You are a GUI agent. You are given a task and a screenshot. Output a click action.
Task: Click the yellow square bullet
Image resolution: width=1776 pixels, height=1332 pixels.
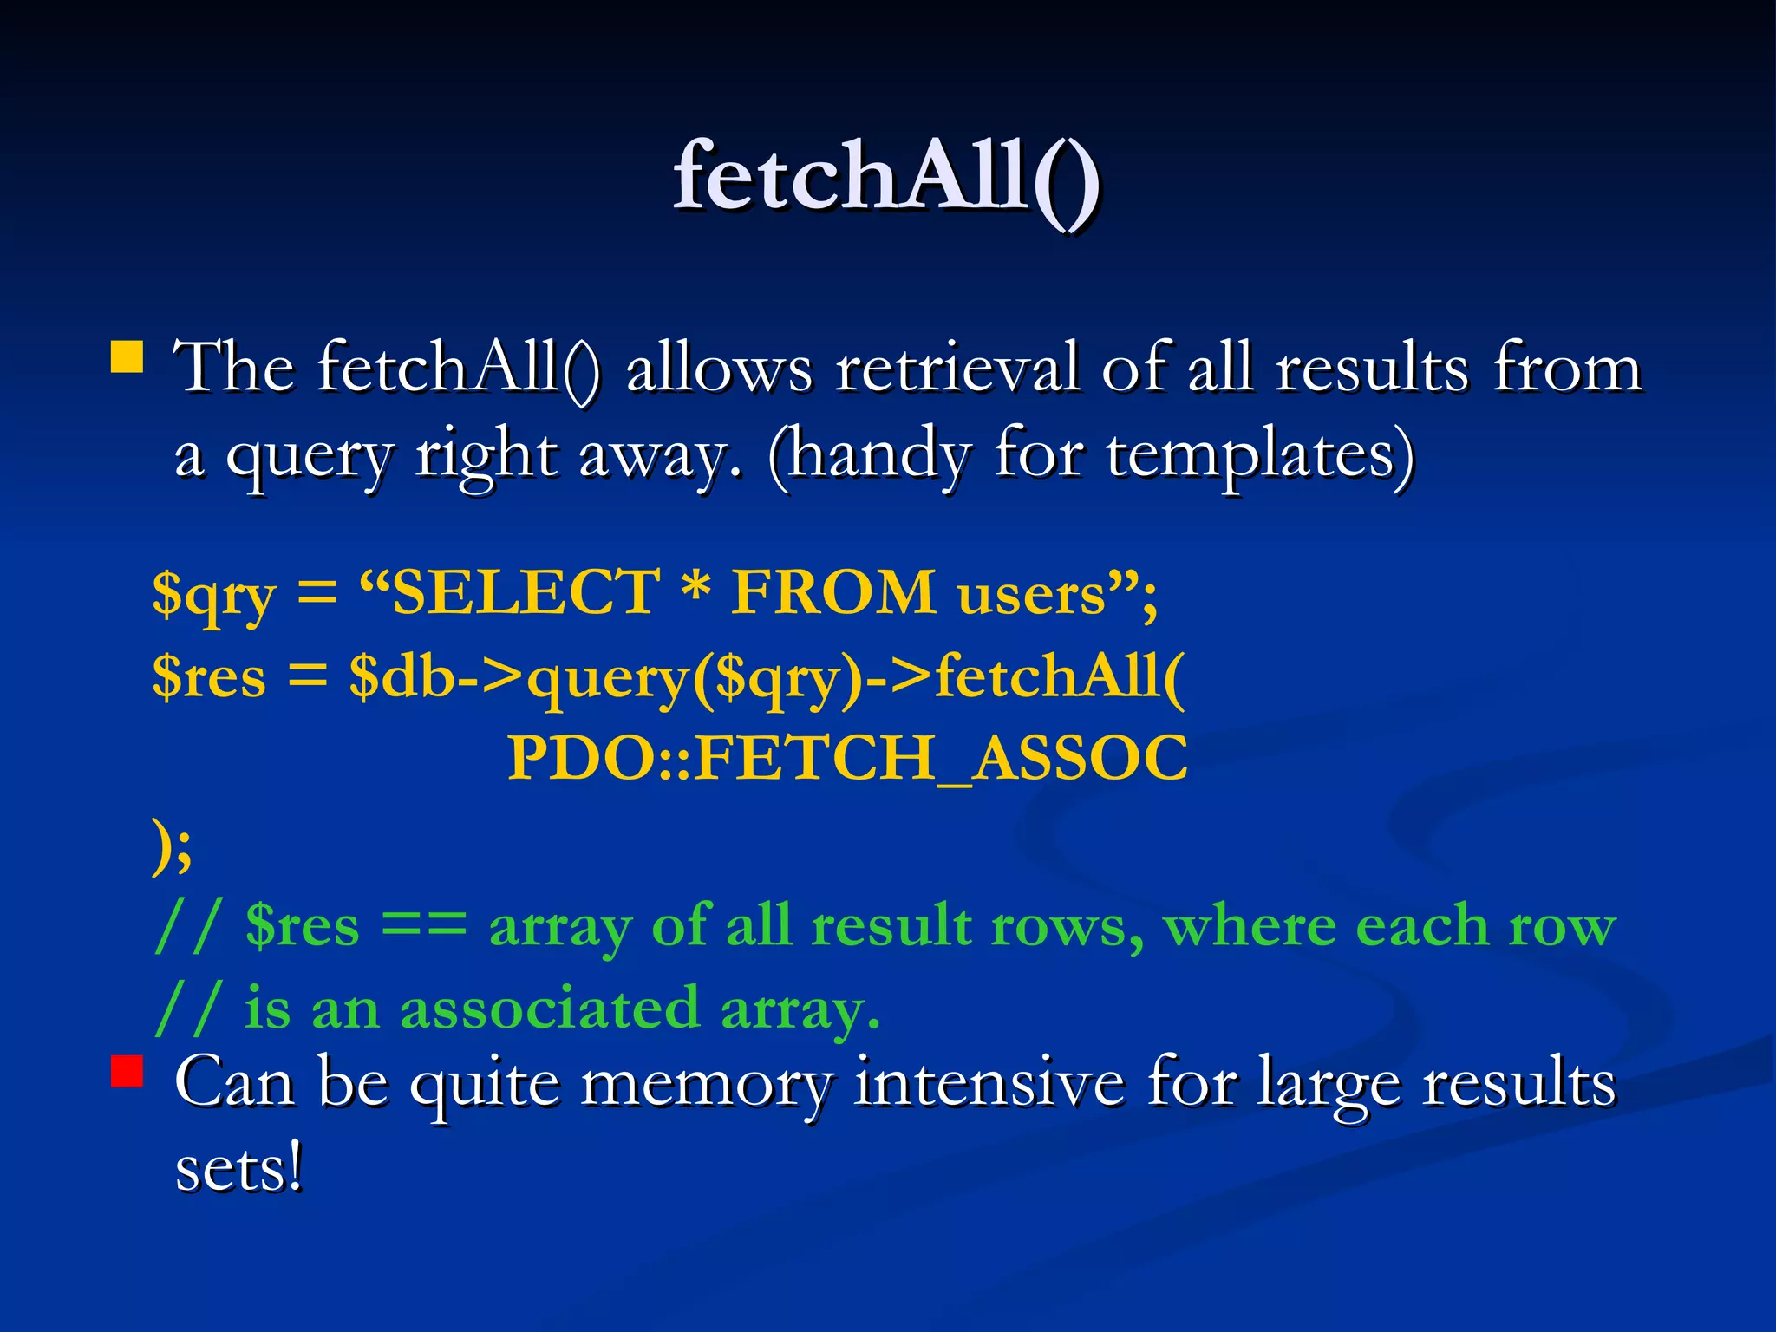(127, 357)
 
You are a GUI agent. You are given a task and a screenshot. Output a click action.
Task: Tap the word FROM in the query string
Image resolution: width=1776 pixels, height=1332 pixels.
(832, 592)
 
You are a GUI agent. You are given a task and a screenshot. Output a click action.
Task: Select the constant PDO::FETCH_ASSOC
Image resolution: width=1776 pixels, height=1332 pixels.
(846, 759)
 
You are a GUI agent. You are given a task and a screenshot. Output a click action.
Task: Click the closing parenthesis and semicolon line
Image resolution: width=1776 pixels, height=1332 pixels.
(172, 846)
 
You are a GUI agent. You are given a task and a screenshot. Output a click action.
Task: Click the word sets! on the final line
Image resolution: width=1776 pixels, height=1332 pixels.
(239, 1169)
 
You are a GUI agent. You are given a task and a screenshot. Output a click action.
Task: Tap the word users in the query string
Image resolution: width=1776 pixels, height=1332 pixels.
(1032, 595)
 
